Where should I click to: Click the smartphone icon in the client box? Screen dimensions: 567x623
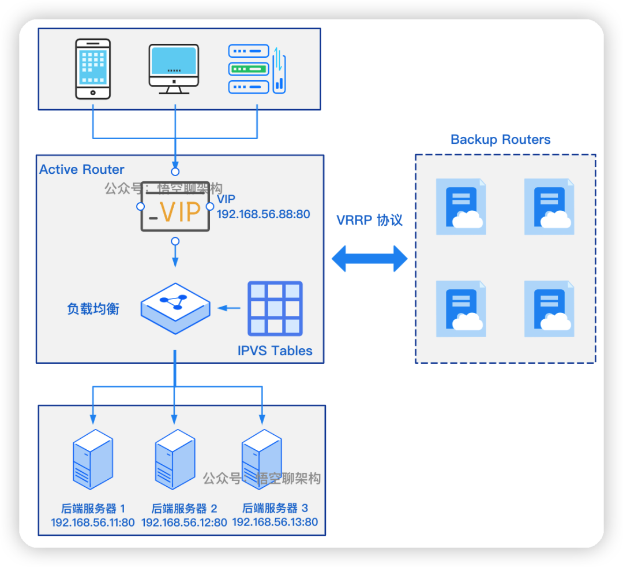pyautogui.click(x=92, y=69)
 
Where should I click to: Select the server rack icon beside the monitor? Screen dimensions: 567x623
pyautogui.click(x=257, y=69)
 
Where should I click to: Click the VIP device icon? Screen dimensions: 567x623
pyautogui.click(x=175, y=207)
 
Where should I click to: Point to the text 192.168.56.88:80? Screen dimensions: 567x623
pyautogui.click(x=263, y=214)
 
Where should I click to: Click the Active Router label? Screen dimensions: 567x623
pyautogui.click(x=82, y=170)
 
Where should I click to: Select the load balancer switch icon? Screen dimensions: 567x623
pyautogui.click(x=175, y=308)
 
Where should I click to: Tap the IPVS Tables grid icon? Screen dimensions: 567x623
pyautogui.click(x=275, y=308)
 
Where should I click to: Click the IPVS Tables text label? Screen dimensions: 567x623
pyautogui.click(x=275, y=350)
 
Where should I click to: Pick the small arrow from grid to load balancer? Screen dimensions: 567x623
pyautogui.click(x=228, y=308)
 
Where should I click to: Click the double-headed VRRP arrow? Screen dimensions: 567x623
pyautogui.click(x=370, y=258)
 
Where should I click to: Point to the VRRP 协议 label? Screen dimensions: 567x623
pyautogui.click(x=370, y=220)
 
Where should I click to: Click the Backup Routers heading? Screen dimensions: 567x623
pyautogui.click(x=500, y=140)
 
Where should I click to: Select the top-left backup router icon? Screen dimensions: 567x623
pyautogui.click(x=461, y=207)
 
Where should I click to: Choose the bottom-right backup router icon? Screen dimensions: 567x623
pyautogui.click(x=549, y=309)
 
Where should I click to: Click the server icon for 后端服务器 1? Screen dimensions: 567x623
pyautogui.click(x=92, y=459)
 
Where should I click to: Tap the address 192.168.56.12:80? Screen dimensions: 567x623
pyautogui.click(x=184, y=523)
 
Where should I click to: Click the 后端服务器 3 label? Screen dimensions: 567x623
pyautogui.click(x=275, y=508)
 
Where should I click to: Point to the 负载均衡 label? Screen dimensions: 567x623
pyautogui.click(x=93, y=309)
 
